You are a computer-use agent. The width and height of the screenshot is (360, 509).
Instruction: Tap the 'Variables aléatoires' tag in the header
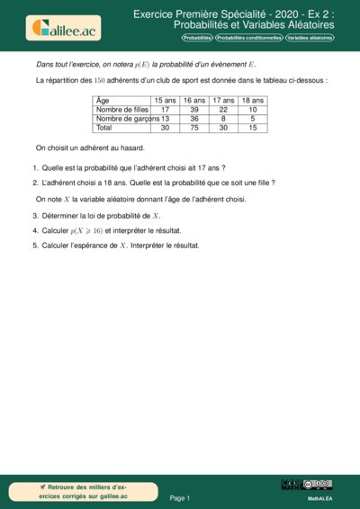coord(310,39)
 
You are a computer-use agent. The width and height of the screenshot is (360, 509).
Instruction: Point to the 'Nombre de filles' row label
coord(122,110)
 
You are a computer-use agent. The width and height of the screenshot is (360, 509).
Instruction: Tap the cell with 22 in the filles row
coord(223,110)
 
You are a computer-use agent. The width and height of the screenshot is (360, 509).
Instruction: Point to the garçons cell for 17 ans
coord(223,119)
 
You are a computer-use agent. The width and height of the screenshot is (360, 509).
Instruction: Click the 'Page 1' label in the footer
coord(180,497)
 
